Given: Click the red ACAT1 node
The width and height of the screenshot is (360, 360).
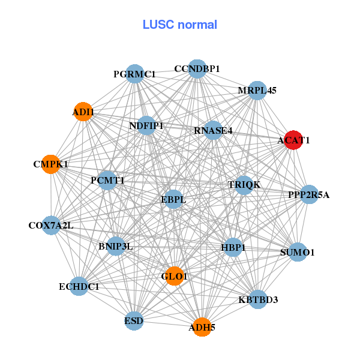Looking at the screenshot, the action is click(293, 140).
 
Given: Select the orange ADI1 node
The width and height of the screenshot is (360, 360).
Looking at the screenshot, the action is click(83, 112).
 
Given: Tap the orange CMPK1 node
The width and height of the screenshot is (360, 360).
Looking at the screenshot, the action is click(51, 164).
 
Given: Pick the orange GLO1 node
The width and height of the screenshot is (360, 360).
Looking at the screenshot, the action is click(174, 276).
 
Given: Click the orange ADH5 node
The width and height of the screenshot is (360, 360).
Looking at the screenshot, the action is click(202, 327).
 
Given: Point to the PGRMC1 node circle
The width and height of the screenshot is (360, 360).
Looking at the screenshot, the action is click(134, 74).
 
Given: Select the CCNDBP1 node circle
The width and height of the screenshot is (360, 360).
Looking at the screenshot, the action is click(197, 69).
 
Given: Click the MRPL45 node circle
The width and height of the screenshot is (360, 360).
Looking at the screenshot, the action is click(257, 91).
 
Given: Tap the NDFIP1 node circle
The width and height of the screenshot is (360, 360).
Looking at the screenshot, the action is click(146, 125).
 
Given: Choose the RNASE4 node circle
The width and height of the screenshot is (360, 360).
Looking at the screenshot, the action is click(213, 130).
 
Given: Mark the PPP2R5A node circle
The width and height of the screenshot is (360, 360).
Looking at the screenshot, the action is click(308, 194).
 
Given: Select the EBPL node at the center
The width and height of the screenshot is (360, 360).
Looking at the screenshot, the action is click(173, 199).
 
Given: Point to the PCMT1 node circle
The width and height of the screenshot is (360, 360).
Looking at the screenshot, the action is click(107, 180).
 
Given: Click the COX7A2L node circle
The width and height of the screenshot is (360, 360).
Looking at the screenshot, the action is click(51, 226).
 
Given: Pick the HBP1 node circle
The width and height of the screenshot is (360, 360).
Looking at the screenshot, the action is click(233, 247).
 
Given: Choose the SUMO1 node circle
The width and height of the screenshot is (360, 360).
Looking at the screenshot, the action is click(298, 253).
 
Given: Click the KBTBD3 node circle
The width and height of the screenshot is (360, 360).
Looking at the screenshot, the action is click(258, 299).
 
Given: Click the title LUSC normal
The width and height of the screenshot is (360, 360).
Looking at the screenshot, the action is click(180, 25).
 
